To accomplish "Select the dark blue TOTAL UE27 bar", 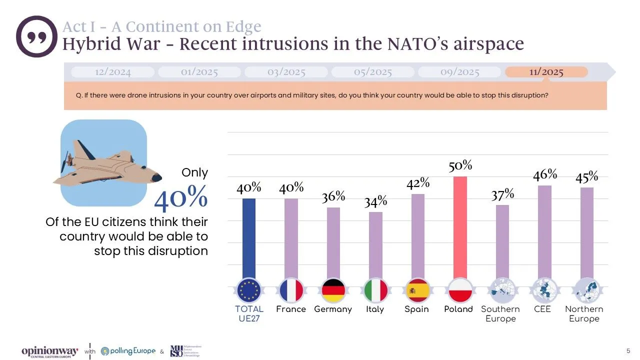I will pos(249,240).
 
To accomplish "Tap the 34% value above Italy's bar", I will pos(375,201).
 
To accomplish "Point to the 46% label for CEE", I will pos(544,174).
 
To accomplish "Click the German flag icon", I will pos(333,290).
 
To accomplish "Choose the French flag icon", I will pos(291,290).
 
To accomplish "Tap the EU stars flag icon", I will pos(249,290).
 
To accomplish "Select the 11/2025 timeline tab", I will pos(546,72).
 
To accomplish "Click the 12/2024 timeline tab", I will pos(112,72).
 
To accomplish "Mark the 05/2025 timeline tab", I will pos(373,72).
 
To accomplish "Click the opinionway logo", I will pos(49,351).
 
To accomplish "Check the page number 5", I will pos(628,349).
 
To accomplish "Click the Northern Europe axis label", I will pos(584,313).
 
